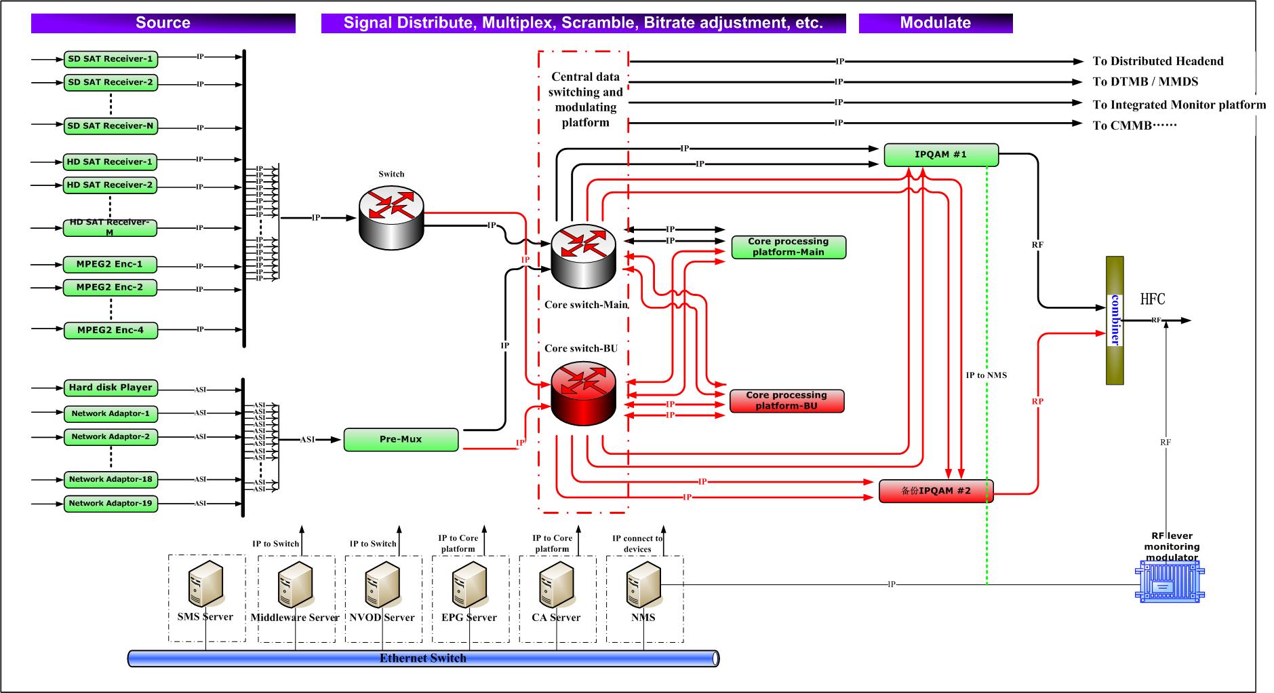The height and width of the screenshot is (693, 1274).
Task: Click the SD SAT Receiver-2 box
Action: [x=111, y=83]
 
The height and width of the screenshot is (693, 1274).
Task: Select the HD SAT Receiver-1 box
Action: [x=110, y=162]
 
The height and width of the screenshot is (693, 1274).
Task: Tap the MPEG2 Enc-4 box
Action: [x=110, y=331]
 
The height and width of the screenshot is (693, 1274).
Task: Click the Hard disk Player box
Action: [x=111, y=388]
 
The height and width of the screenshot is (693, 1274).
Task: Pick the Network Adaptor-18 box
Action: [x=111, y=480]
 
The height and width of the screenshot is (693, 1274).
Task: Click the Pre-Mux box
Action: [x=401, y=440]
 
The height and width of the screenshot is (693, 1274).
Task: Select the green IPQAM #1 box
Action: [x=940, y=155]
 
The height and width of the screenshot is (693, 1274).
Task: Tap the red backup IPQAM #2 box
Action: [x=936, y=491]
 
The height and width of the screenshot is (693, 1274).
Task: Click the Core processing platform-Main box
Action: [x=788, y=247]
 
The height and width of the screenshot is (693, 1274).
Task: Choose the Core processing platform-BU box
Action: [x=787, y=400]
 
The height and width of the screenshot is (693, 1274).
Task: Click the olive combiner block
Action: [x=1115, y=320]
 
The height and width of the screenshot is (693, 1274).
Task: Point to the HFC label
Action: [x=1152, y=299]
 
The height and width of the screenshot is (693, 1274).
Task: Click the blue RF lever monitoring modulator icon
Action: [x=1169, y=584]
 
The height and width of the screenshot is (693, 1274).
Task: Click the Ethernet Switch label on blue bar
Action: [x=422, y=658]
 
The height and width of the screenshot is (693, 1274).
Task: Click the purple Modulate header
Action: [x=935, y=23]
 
